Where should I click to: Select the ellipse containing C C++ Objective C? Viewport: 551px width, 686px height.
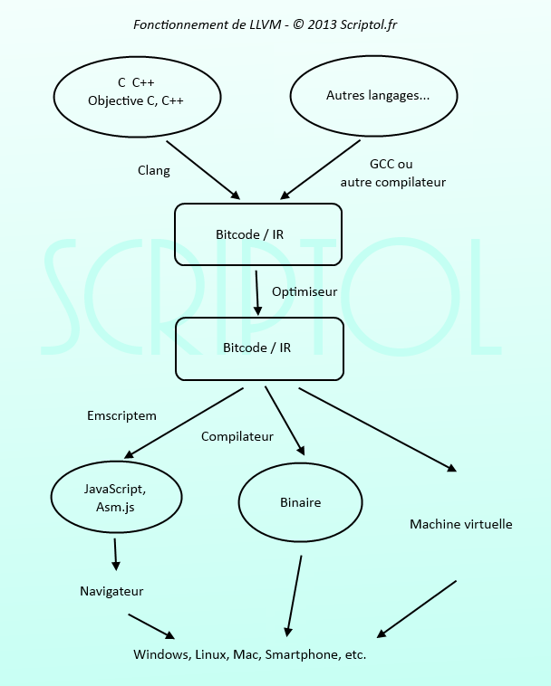tap(135, 91)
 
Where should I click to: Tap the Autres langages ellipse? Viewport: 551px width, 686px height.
tap(377, 95)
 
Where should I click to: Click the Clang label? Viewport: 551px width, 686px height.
tap(153, 170)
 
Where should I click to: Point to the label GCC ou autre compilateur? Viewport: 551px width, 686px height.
tap(393, 173)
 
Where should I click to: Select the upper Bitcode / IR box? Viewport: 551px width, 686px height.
tap(258, 234)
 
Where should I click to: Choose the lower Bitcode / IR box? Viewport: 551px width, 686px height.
tap(258, 348)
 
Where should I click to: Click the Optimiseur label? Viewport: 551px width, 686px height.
tap(304, 292)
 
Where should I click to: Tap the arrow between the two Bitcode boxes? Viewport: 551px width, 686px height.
tap(257, 291)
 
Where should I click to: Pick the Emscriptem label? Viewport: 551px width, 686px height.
tap(121, 416)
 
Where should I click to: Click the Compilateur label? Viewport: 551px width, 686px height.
tap(237, 436)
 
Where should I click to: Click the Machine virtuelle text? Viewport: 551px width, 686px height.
tap(460, 524)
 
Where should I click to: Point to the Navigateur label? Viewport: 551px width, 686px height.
tap(111, 592)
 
